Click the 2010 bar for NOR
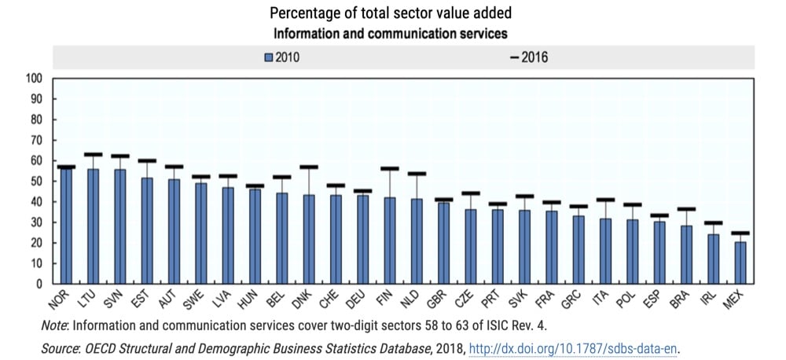[x=66, y=226]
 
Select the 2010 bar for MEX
[x=740, y=263]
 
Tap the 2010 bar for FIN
[x=389, y=241]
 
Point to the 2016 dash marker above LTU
[x=93, y=154]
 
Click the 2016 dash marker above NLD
[x=417, y=174]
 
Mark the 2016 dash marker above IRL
[x=713, y=222]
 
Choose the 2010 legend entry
[x=281, y=57]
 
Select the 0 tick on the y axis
[x=39, y=284]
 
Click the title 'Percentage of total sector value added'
[x=391, y=13]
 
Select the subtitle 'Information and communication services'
[x=391, y=33]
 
